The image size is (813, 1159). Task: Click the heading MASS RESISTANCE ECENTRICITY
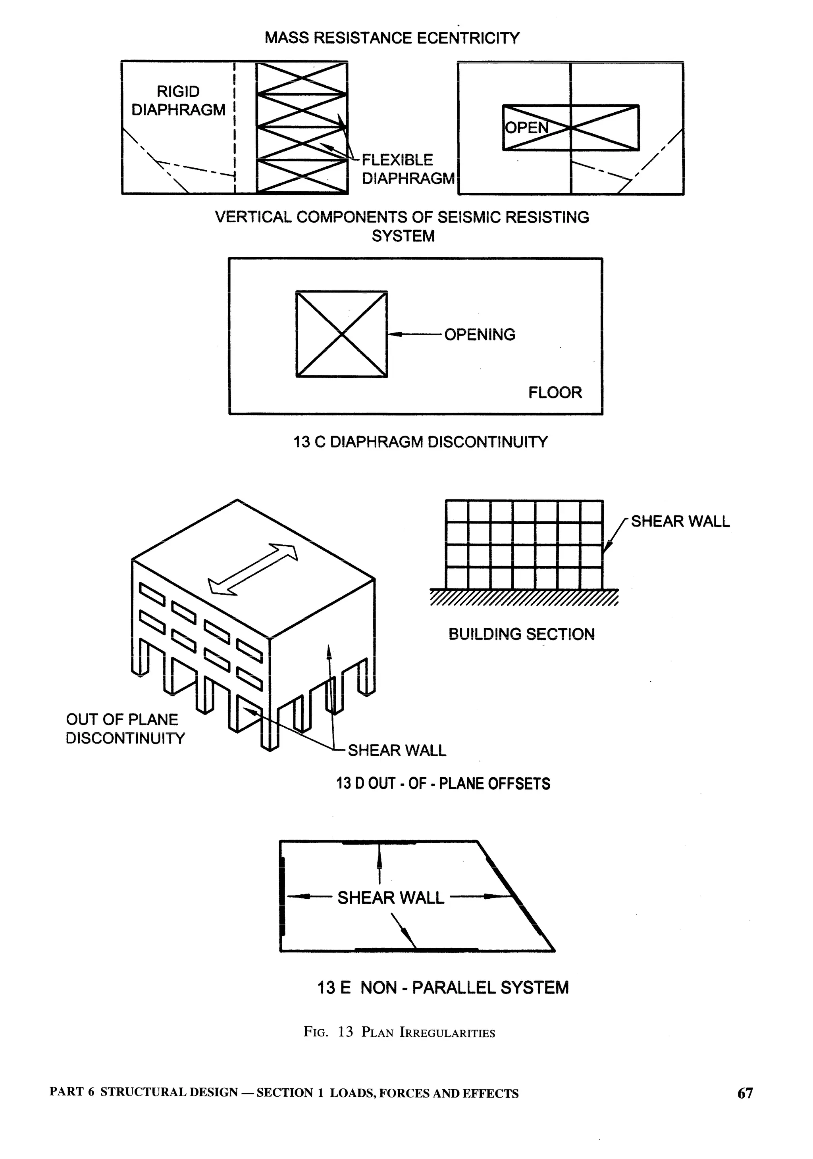tap(392, 38)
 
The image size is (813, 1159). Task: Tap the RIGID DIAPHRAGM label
tap(178, 100)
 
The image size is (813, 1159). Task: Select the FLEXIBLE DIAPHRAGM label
tap(408, 169)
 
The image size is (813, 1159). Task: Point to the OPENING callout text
tap(480, 334)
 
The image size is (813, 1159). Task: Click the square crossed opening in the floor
tap(342, 334)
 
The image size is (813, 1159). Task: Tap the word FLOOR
tap(555, 392)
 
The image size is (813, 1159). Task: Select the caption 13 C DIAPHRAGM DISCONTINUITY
tap(420, 442)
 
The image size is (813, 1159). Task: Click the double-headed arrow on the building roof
tap(253, 569)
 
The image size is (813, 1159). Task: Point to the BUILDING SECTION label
tap(522, 634)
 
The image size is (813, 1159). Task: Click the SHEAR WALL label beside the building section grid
tap(680, 521)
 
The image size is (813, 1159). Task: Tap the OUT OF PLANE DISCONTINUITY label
tap(125, 729)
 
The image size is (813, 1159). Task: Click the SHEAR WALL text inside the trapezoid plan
tap(390, 898)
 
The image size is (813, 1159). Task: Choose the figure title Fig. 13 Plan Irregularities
tap(399, 1032)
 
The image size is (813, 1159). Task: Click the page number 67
tap(745, 1094)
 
